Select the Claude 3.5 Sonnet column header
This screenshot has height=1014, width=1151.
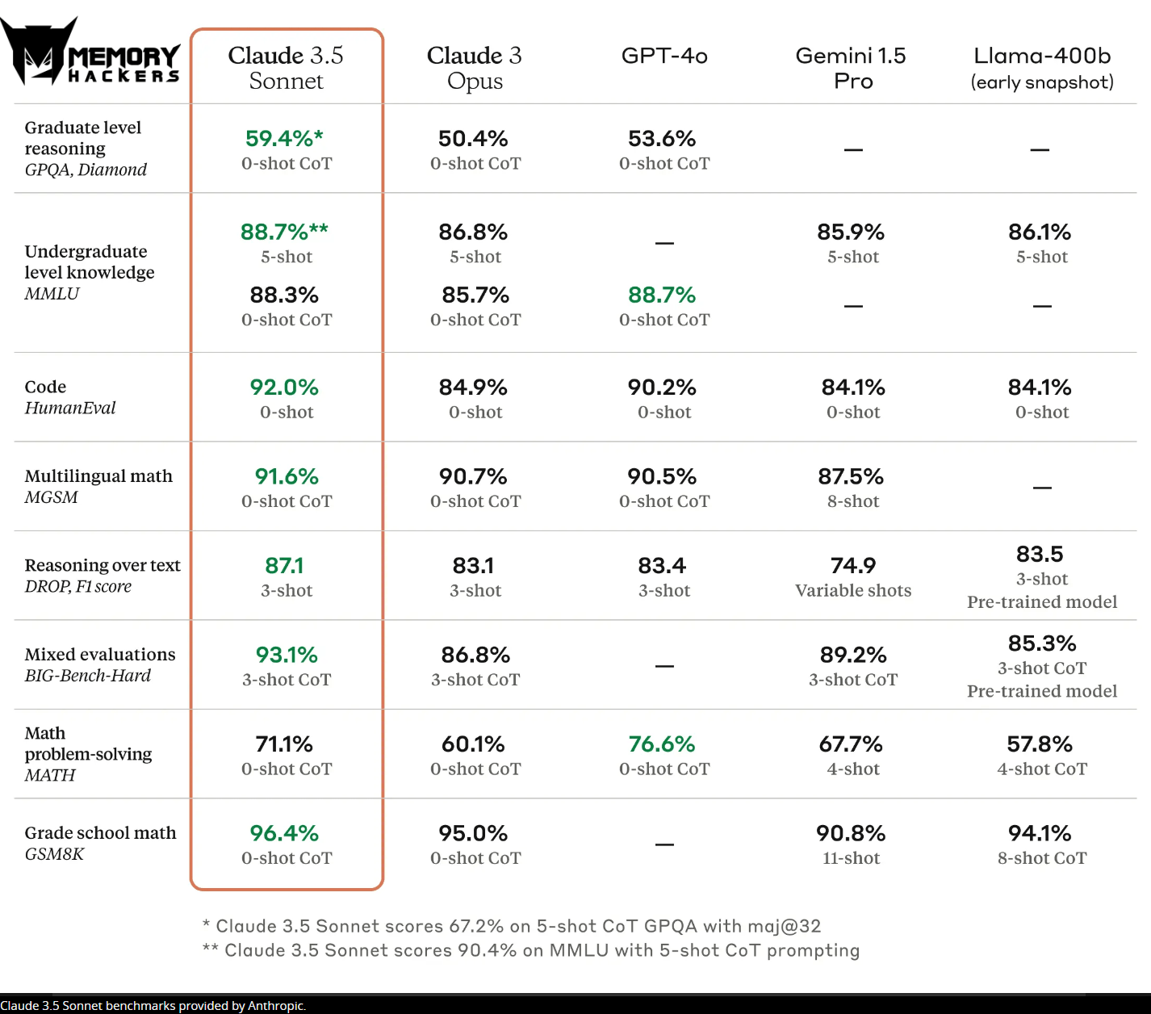286,68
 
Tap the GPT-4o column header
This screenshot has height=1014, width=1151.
664,56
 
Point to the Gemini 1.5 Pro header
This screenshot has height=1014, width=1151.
852,68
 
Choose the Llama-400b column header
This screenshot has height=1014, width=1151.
1042,68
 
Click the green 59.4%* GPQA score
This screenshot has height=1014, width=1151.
284,138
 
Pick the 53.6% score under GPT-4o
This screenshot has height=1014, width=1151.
662,138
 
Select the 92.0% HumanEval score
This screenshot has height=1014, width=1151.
284,387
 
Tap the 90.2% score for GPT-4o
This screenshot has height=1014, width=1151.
662,387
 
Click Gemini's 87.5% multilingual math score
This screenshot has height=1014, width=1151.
851,476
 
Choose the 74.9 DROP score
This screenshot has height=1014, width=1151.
853,566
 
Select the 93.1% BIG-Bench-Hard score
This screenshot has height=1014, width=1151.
287,655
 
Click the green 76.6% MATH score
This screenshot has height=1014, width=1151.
662,744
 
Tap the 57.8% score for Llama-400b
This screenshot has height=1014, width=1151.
1040,744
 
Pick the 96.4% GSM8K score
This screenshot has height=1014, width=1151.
284,833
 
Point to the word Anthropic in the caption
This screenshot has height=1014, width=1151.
276,1005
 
